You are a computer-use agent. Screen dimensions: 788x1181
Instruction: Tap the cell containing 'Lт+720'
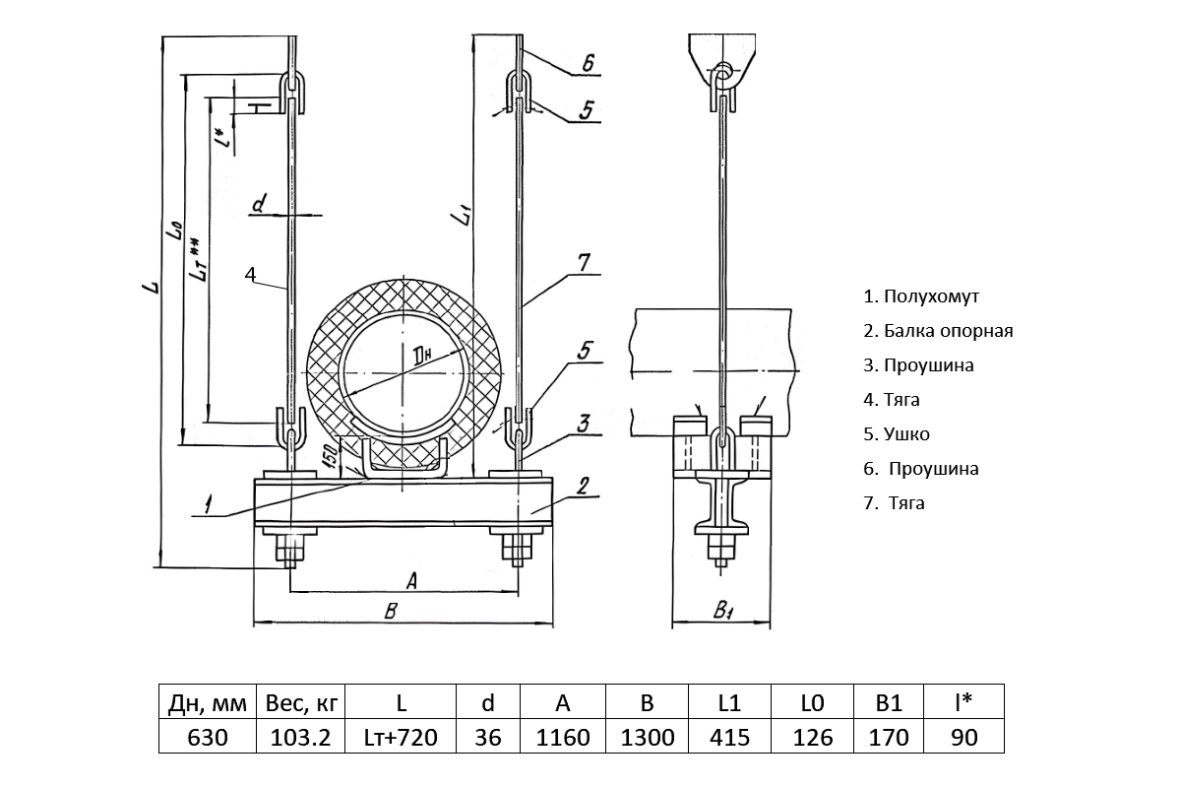point(401,737)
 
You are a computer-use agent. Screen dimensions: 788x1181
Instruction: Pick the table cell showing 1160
point(562,737)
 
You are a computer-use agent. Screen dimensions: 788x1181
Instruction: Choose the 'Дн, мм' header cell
point(207,703)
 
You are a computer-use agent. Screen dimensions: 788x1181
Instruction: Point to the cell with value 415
point(728,737)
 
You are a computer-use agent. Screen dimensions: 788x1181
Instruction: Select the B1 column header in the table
point(889,703)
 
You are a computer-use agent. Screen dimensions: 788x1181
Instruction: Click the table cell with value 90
point(963,737)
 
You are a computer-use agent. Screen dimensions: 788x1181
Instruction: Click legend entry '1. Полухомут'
point(921,296)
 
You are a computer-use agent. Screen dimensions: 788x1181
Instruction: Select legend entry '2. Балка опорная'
point(938,331)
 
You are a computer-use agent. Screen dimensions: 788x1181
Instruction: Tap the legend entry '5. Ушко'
point(896,434)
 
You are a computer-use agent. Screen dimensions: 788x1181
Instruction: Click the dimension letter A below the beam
point(411,581)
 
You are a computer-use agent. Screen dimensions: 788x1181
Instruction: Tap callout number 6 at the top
point(587,63)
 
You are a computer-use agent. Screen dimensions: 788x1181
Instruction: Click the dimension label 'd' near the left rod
point(259,205)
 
